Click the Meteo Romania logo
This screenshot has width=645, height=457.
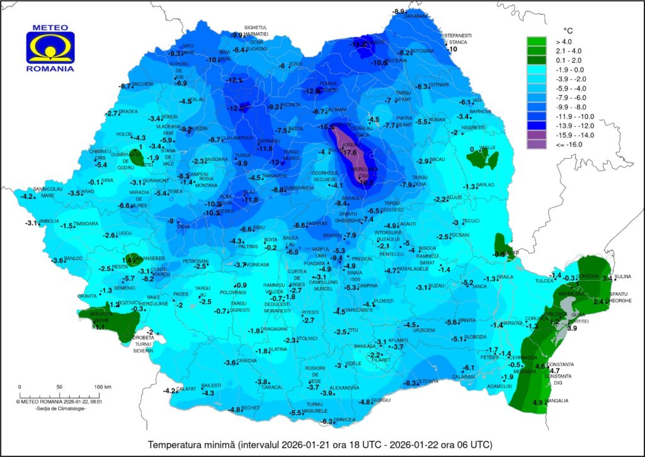(50, 48)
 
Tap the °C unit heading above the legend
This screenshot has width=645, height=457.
(568, 30)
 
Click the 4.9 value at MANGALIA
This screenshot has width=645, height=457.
(538, 403)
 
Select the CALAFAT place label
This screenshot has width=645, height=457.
(186, 389)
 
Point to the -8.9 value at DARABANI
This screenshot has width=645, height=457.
(398, 12)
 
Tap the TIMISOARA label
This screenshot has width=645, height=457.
(87, 223)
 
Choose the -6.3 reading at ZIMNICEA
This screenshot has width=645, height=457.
(326, 421)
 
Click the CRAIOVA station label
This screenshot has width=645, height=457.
(247, 361)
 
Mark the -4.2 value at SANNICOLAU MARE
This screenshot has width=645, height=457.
(27, 197)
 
